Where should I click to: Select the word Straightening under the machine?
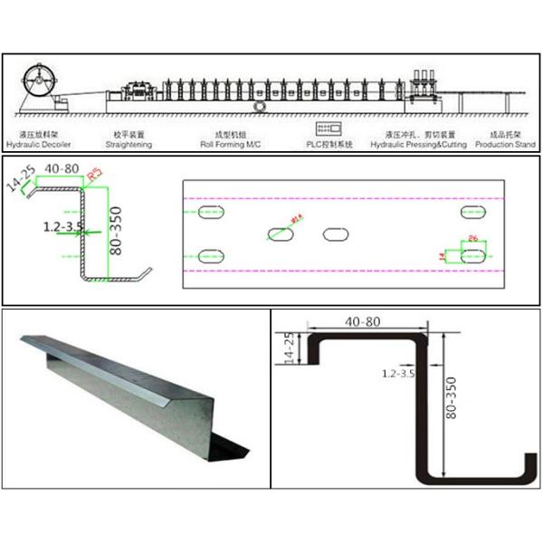point(129,144)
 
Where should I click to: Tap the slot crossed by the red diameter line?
point(281,233)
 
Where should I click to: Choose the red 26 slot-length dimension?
point(473,240)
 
